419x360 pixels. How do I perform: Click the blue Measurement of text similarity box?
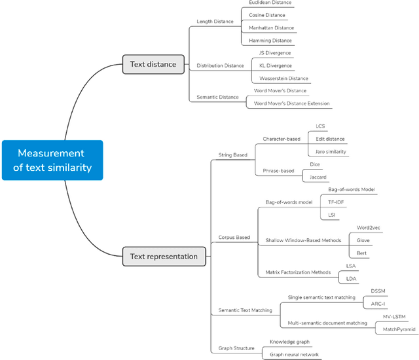click(52, 160)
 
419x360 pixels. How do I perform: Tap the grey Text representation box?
click(164, 256)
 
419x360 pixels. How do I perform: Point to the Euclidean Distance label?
click(270, 3)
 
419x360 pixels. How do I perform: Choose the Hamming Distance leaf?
click(271, 41)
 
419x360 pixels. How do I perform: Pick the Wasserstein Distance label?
click(283, 79)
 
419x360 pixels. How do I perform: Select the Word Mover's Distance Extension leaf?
click(292, 103)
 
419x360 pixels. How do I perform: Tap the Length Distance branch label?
click(215, 22)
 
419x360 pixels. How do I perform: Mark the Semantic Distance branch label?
click(218, 97)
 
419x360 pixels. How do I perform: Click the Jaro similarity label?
click(331, 151)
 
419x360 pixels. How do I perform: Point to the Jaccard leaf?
click(319, 177)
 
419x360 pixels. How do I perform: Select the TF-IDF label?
click(337, 202)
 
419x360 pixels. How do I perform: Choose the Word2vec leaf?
click(368, 228)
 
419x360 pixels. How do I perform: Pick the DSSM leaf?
click(379, 291)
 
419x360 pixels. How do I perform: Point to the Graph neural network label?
click(294, 354)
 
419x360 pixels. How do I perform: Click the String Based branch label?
click(232, 155)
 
